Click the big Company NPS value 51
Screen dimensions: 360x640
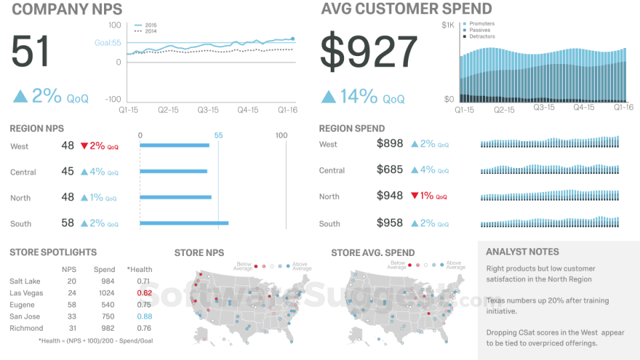31,51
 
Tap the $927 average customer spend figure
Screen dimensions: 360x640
369,52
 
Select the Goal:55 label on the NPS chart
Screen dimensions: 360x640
107,43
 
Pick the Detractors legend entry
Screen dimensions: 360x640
482,37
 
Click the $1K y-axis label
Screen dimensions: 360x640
447,25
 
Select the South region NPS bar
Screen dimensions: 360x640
184,223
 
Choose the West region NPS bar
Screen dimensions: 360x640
175,145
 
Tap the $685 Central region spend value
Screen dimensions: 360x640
389,170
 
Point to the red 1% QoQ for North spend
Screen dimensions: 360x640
429,196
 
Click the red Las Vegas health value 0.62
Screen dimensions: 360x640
144,293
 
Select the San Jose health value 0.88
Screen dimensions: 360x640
144,317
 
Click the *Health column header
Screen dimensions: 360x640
139,269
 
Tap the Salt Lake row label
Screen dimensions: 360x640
25,281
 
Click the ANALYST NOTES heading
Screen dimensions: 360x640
522,252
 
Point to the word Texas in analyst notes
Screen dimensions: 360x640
497,301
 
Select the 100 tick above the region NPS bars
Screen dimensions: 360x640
281,135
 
